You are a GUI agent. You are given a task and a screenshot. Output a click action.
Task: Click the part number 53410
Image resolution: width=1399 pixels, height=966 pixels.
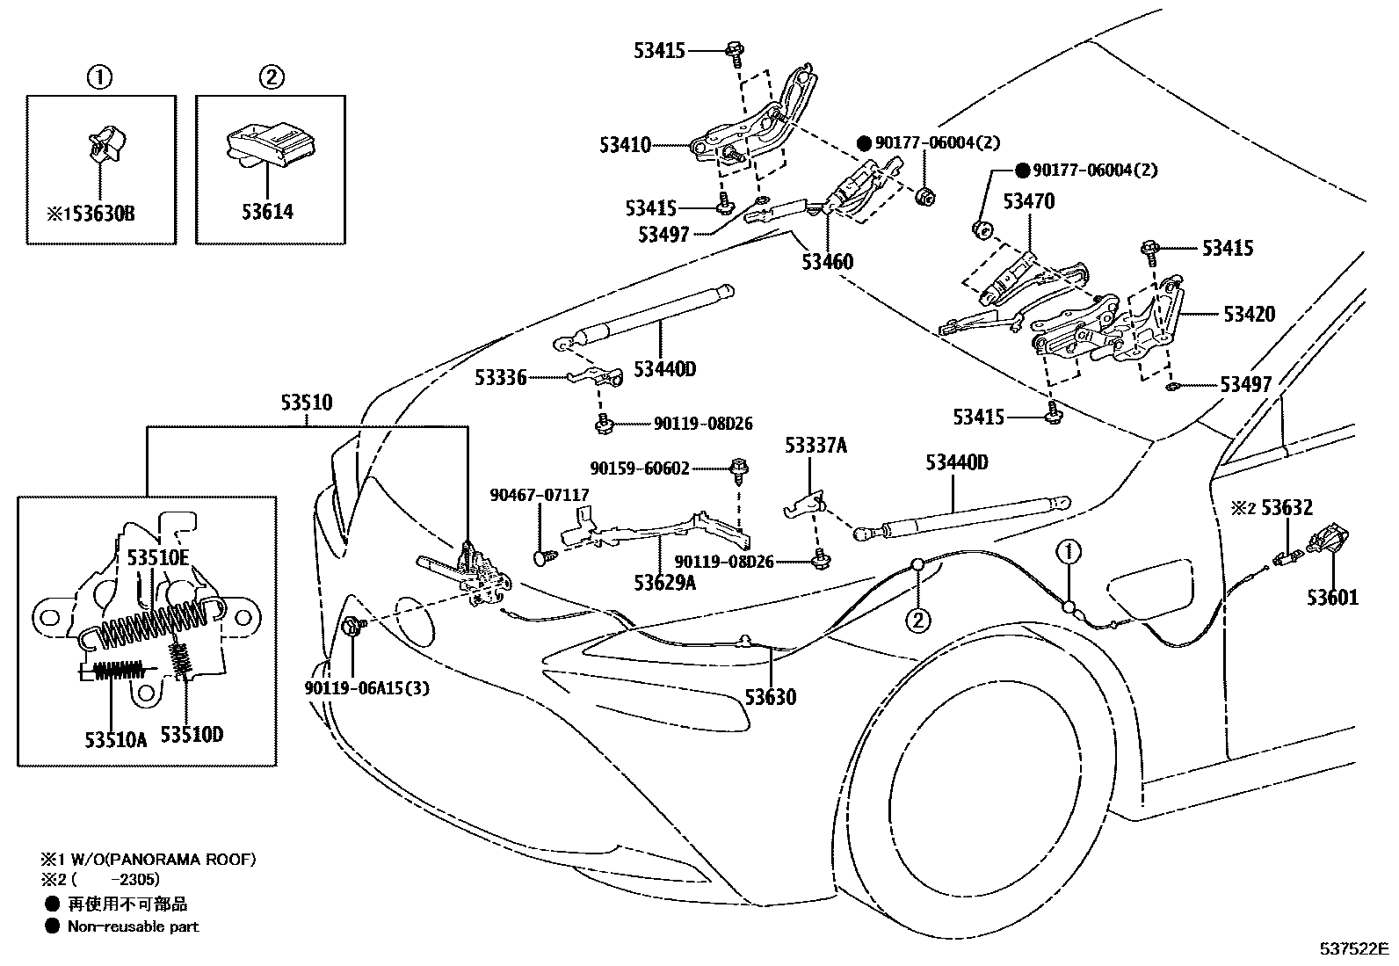pyautogui.click(x=625, y=145)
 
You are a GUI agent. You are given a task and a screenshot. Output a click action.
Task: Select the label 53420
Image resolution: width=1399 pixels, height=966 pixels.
pyautogui.click(x=1247, y=315)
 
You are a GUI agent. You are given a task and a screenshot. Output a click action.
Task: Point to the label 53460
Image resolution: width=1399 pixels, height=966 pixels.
pyautogui.click(x=827, y=262)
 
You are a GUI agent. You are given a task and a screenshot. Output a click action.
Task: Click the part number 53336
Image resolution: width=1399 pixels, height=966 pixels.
pyautogui.click(x=500, y=378)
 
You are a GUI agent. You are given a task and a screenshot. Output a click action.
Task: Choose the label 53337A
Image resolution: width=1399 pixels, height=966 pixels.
pyautogui.click(x=815, y=446)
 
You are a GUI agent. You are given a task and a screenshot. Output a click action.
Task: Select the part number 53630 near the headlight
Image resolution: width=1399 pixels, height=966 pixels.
pyautogui.click(x=771, y=697)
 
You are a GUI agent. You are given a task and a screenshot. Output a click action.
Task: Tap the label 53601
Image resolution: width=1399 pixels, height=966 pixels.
pyautogui.click(x=1332, y=598)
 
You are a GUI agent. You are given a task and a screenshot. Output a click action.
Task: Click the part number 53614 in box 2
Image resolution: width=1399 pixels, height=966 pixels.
pyautogui.click(x=268, y=212)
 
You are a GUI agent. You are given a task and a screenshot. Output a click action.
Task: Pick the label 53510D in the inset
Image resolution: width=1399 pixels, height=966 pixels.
pyautogui.click(x=192, y=734)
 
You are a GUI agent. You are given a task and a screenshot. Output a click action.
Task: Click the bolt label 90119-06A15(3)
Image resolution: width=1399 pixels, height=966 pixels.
pyautogui.click(x=367, y=688)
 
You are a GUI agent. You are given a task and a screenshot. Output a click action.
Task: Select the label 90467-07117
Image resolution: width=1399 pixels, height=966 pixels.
pyautogui.click(x=540, y=496)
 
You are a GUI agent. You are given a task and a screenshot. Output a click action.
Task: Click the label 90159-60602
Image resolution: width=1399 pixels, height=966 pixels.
pyautogui.click(x=640, y=469)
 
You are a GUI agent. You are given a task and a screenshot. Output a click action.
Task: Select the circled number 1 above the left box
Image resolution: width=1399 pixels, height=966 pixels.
pyautogui.click(x=99, y=77)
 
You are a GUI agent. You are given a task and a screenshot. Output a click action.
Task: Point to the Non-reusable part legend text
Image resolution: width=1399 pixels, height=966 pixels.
pyautogui.click(x=133, y=926)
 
